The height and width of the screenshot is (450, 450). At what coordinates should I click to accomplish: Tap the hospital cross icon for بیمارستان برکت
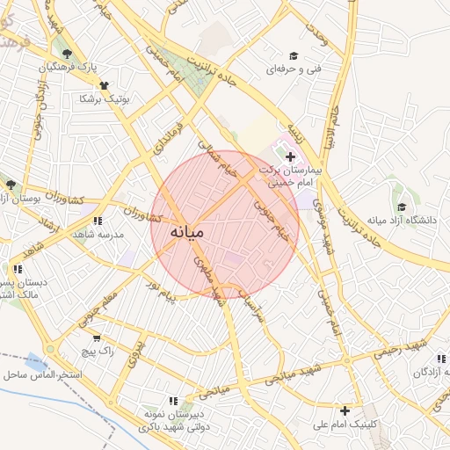291,156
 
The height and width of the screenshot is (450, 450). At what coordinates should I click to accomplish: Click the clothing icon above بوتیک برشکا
105,85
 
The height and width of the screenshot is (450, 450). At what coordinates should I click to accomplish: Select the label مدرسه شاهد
98,235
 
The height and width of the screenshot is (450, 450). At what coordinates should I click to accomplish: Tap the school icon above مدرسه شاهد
98,221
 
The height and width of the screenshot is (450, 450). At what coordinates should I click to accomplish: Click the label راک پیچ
96,351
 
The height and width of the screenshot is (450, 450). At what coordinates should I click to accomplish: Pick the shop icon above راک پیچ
96,337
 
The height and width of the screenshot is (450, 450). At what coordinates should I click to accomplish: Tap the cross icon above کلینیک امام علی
345,410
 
